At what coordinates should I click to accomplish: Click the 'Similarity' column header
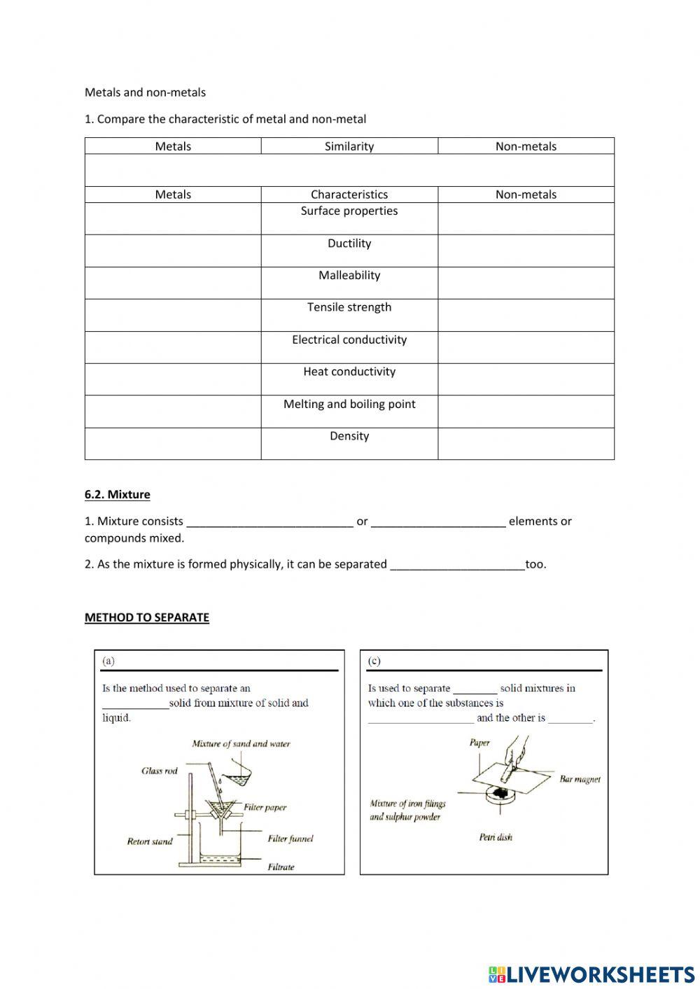point(349,146)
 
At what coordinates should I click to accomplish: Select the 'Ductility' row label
point(349,244)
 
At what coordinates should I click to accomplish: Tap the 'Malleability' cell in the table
point(349,276)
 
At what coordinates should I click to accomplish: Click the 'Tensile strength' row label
point(349,307)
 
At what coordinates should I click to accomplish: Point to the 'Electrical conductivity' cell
point(349,340)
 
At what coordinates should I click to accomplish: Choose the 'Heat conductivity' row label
point(349,372)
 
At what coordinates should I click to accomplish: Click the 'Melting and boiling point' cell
point(349,405)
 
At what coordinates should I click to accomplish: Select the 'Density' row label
point(349,436)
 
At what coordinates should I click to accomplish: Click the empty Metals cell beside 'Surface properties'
point(173,218)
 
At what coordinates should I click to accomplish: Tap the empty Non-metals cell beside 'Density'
point(526,444)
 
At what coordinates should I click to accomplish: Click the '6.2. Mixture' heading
point(118,495)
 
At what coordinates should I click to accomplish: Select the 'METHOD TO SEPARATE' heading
point(147,617)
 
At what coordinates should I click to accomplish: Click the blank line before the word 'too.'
point(457,565)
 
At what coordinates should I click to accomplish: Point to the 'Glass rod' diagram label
point(160,771)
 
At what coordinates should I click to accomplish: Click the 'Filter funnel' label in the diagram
point(290,839)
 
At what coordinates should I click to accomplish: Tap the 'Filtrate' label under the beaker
point(281,867)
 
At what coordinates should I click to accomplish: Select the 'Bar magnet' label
point(580,779)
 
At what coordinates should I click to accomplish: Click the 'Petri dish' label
point(496,837)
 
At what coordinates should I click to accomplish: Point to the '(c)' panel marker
point(374,661)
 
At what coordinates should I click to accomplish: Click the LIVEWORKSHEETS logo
point(591,974)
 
